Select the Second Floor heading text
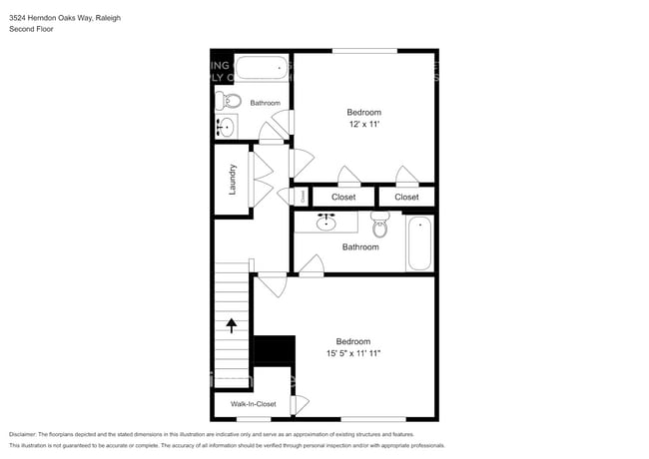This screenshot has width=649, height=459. pos(30,30)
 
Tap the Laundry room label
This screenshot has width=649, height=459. pos(232,179)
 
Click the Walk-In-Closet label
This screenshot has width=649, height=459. pos(253,404)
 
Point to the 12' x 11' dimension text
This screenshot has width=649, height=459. pos(363,124)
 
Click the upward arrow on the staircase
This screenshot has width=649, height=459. pos(232,325)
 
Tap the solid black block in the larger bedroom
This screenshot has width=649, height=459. pos(275,351)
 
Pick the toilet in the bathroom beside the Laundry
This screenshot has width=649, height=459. pos(230,101)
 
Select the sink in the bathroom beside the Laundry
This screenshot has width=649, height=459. pos(226,127)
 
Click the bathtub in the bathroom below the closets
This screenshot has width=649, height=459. pos(419,242)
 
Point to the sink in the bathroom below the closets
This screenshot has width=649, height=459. pos(325,222)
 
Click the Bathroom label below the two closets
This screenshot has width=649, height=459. pos(360,246)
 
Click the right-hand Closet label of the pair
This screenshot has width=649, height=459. pos(406,198)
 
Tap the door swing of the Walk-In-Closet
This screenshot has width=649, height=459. pos(300,405)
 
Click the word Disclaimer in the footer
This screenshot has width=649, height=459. pos(27,435)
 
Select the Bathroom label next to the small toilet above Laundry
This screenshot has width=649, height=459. pos(265,103)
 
